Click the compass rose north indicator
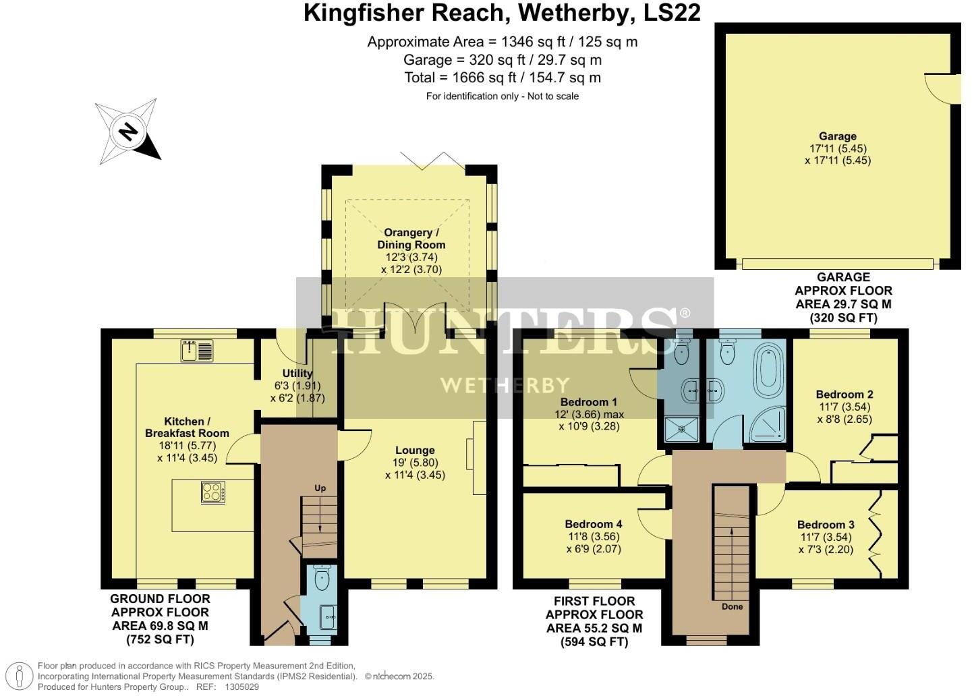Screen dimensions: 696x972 [x=128, y=131]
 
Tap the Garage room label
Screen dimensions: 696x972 [x=837, y=136]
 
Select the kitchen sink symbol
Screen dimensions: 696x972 [x=196, y=351]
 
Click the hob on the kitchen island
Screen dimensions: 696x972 [x=213, y=492]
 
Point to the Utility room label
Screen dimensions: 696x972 [x=297, y=373]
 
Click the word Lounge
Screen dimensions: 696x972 [x=415, y=451]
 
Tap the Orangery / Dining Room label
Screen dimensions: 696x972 [x=411, y=239]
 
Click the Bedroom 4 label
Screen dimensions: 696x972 [x=594, y=524]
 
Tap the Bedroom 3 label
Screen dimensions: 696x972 [x=826, y=525]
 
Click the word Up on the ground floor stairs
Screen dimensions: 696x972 [x=320, y=488]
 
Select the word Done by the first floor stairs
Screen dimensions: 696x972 [x=732, y=606]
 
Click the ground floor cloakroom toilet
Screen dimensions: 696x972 [x=322, y=577]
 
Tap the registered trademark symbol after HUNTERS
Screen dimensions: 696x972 [x=685, y=313]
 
